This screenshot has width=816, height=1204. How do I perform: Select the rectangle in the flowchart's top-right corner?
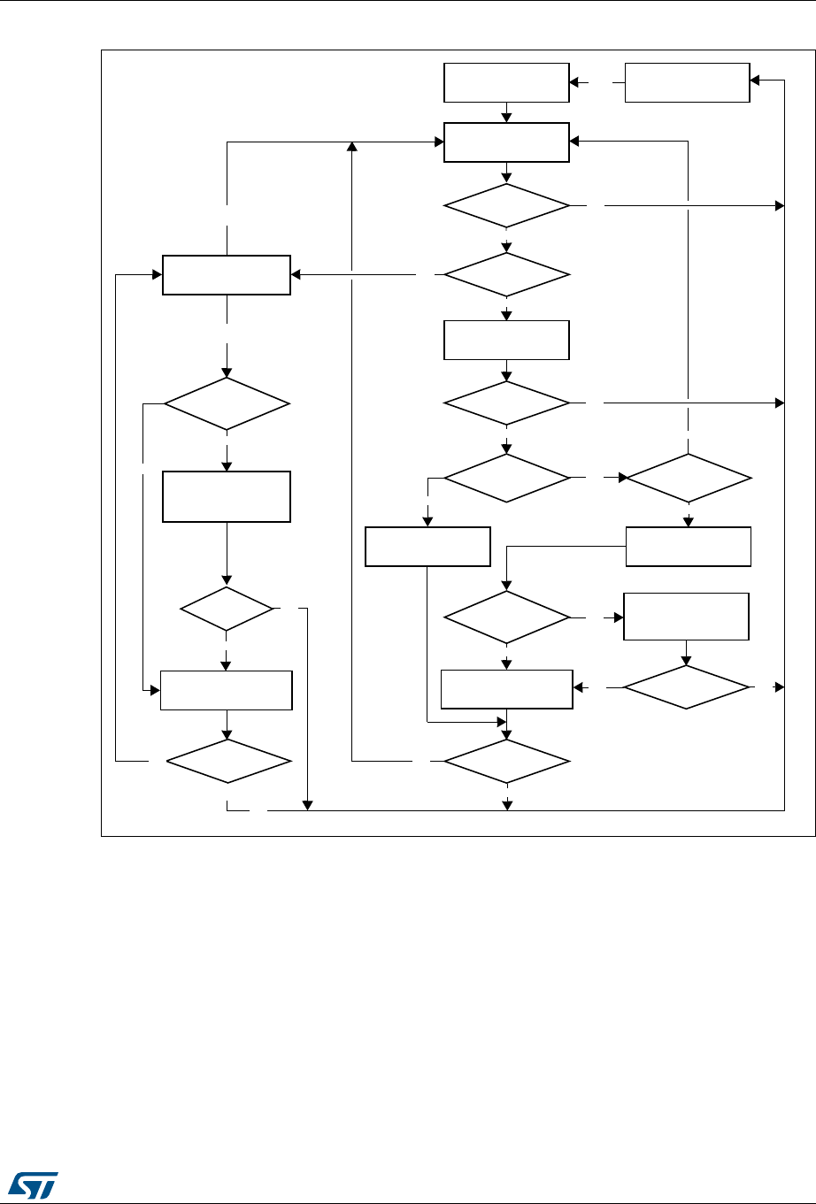(x=688, y=83)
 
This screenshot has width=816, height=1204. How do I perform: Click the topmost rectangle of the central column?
(x=506, y=83)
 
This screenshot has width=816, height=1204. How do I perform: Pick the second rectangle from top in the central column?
(x=506, y=142)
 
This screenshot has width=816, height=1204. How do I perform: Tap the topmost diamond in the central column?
(x=506, y=206)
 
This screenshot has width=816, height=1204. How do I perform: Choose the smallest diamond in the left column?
(x=227, y=609)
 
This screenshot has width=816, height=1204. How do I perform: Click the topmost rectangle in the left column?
(x=227, y=274)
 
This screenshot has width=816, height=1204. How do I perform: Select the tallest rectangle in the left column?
(x=227, y=497)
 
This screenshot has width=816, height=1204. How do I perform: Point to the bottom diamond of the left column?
(x=227, y=760)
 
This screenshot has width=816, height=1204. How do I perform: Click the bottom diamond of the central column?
(x=506, y=760)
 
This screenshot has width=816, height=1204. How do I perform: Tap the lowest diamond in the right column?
(x=686, y=687)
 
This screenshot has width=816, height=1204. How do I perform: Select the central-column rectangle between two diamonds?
(x=506, y=340)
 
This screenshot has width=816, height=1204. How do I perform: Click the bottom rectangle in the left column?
(x=227, y=690)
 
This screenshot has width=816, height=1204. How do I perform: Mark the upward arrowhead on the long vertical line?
(x=352, y=146)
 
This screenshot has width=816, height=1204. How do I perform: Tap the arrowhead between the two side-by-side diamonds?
(x=622, y=479)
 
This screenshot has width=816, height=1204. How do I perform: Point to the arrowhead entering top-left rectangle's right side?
(x=296, y=274)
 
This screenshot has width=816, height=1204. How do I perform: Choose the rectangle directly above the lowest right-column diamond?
(x=687, y=617)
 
